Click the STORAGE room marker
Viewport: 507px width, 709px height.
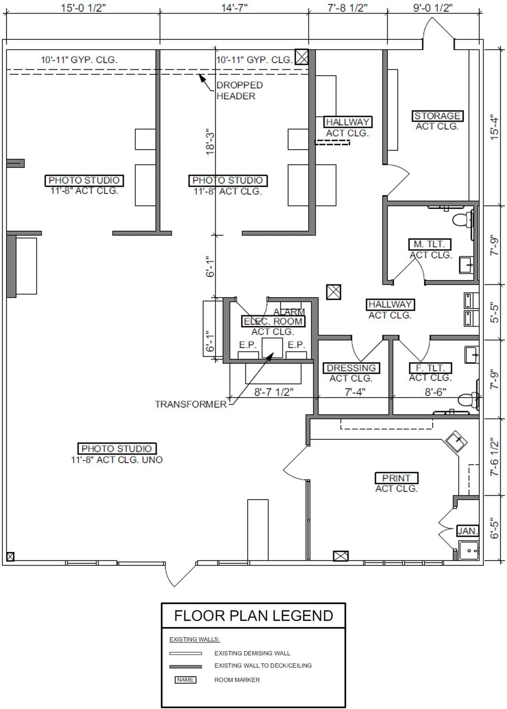coord(437,116)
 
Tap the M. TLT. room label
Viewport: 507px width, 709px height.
coord(429,244)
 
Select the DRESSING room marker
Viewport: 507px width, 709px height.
coord(351,368)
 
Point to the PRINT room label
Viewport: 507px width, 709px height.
coord(396,478)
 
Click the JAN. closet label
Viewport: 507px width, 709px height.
coord(468,531)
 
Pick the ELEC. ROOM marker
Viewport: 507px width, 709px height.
coord(273,321)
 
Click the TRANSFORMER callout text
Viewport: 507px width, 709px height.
coord(190,404)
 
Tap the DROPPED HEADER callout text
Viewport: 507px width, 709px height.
coord(239,90)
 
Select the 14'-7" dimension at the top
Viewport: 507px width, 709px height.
coord(234,8)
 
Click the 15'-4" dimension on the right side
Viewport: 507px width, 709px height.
coord(495,128)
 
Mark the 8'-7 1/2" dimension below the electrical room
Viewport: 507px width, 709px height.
coord(274,392)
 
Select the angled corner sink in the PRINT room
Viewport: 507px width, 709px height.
coord(456,441)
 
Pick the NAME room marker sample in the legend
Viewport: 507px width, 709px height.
coord(185,680)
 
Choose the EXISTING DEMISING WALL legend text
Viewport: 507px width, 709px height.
coord(252,653)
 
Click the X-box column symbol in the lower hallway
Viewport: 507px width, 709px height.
coord(333,292)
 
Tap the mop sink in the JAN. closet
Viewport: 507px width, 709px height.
coord(469,550)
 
